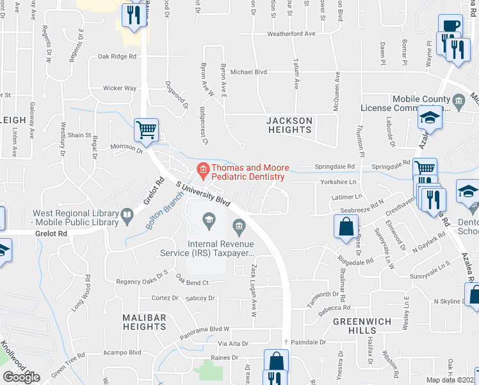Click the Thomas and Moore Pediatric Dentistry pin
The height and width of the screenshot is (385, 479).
[x=202, y=169]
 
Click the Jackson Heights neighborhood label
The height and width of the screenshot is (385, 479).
[x=289, y=125]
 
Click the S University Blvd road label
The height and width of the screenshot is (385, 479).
[x=203, y=193]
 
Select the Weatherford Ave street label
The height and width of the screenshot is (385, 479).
[x=292, y=33]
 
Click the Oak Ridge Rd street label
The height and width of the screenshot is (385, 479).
[x=117, y=56]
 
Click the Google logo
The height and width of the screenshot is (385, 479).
[x=21, y=377]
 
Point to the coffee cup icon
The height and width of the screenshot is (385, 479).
[x=450, y=26]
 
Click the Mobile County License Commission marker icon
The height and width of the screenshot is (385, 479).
[x=459, y=101]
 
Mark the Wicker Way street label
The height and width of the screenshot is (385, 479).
[x=120, y=89]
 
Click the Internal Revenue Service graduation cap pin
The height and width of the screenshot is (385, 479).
[x=208, y=221]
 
